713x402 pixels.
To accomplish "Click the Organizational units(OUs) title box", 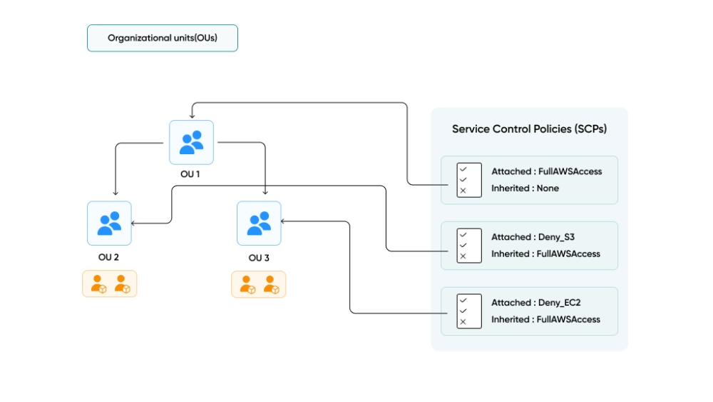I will coord(162,38).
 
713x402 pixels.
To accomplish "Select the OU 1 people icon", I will coord(191,142).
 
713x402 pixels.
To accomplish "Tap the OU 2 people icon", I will coord(109,223).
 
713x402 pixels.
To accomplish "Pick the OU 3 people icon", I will coord(259,223).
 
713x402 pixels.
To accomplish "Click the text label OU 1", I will coord(191,174).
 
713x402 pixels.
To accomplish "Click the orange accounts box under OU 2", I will coord(109,283).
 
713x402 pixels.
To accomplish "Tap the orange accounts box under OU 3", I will coord(259,283).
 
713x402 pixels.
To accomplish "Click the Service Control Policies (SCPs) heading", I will coord(529,129).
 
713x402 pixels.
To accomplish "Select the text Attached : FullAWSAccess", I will coord(546,171).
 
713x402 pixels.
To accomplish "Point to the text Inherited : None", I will coord(525,189).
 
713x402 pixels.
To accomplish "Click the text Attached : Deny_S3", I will coord(529,237).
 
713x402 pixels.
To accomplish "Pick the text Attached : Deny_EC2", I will coord(532,303).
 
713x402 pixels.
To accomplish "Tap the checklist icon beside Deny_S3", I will coord(469,245).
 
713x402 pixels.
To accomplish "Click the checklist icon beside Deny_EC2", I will coord(469,311).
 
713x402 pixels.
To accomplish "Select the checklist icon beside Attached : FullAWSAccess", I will coord(469,180).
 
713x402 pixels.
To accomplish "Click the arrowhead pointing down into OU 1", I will coord(191,116).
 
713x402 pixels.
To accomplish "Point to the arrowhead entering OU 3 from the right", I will coord(285,221).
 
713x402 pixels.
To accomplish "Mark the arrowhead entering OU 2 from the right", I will coord(135,223).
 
